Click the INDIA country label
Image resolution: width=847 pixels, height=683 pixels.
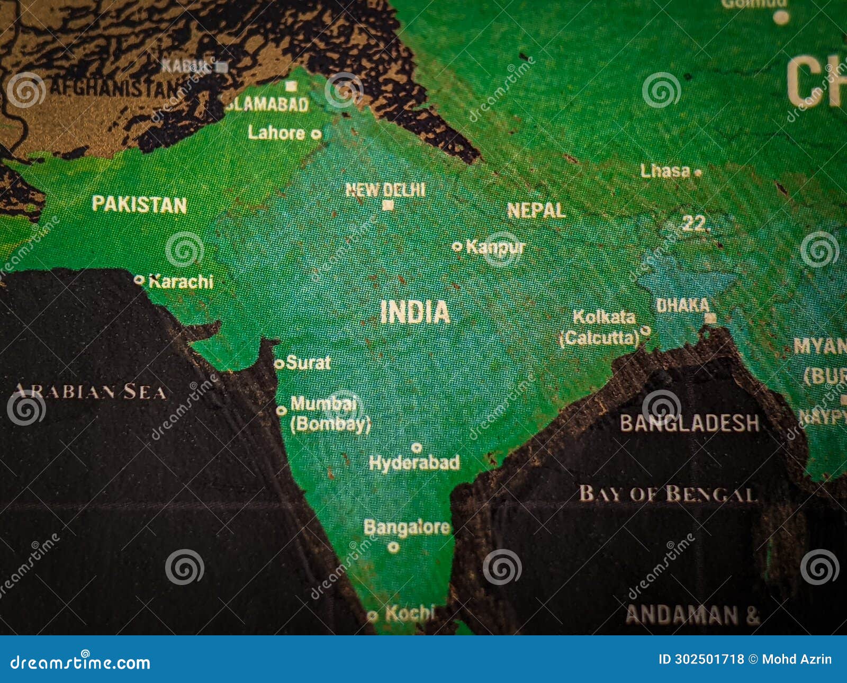(x=415, y=312)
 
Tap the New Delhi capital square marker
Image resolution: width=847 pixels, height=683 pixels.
(x=388, y=205)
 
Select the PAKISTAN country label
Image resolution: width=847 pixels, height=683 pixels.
(x=139, y=204)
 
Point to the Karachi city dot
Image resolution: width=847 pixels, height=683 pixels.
(x=139, y=280)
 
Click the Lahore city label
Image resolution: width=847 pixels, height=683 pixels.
(x=276, y=133)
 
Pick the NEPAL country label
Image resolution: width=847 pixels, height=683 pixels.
(x=536, y=211)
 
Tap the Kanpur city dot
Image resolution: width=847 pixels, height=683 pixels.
(x=457, y=246)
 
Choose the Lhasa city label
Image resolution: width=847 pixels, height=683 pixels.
(x=665, y=171)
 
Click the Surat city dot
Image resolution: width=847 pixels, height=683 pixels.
(x=279, y=364)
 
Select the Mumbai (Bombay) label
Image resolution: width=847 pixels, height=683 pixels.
(x=329, y=414)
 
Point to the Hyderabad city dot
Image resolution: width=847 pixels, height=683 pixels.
(x=417, y=448)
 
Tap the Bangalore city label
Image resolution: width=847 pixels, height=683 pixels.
(x=407, y=527)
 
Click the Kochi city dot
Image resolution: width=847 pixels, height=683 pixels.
(x=372, y=616)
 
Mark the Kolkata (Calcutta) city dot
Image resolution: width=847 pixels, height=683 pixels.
(x=645, y=330)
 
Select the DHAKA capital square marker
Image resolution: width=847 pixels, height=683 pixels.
(x=710, y=318)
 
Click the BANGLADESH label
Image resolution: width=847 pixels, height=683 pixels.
(x=689, y=423)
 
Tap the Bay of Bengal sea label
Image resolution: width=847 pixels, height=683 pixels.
(x=668, y=493)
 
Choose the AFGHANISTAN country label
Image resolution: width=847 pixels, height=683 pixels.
(x=114, y=88)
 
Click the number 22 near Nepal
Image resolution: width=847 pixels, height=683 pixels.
(x=694, y=224)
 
